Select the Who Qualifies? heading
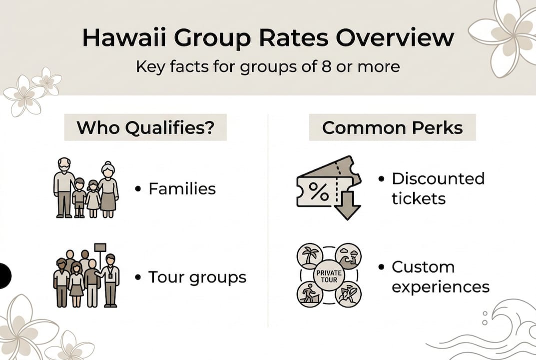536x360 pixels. pos(145,127)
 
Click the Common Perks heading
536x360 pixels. pos(392,127)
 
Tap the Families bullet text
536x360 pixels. pos(182,188)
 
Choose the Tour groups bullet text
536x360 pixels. pos(197,277)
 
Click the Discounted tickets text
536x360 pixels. pos(438,188)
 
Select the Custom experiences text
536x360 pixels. pos(440,276)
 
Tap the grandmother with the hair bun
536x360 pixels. pos(108,188)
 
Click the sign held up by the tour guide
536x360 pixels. pos(100,247)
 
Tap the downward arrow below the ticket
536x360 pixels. pos(347,204)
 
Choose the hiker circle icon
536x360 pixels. pos(310,294)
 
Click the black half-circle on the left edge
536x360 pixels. pos(4,275)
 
